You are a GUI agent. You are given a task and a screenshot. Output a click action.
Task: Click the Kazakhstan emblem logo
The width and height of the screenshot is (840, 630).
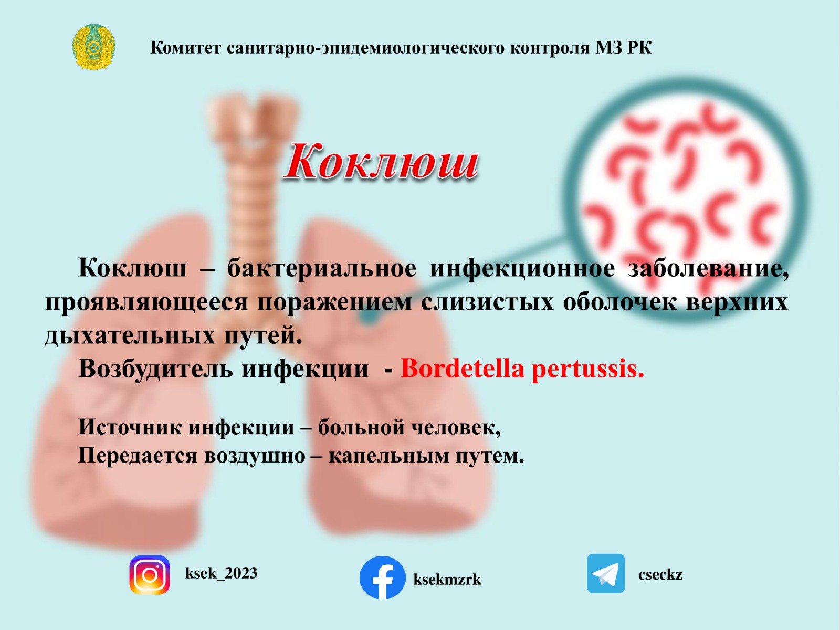click(94, 47)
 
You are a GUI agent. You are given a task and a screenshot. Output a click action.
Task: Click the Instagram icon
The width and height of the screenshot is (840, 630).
click(150, 574)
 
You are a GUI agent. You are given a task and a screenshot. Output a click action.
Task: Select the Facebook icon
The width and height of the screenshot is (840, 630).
click(382, 577)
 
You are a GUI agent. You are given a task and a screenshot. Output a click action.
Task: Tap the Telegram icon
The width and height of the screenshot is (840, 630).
click(606, 573)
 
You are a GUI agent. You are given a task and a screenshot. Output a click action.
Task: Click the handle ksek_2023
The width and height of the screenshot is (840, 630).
click(221, 573)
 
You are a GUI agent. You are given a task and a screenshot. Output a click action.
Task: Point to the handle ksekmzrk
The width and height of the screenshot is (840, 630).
click(447, 580)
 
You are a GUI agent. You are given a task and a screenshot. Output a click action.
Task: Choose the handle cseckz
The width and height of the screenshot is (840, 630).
click(660, 574)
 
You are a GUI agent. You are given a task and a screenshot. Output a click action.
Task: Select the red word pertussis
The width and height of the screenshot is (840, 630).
click(588, 370)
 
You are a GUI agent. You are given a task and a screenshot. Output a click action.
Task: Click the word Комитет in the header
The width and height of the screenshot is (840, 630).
click(186, 48)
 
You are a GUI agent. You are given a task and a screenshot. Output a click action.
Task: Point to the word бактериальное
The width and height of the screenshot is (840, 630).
click(322, 268)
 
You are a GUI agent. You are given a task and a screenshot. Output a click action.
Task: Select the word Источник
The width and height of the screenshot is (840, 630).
click(130, 427)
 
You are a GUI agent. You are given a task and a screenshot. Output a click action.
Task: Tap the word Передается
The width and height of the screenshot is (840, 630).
click(138, 456)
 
